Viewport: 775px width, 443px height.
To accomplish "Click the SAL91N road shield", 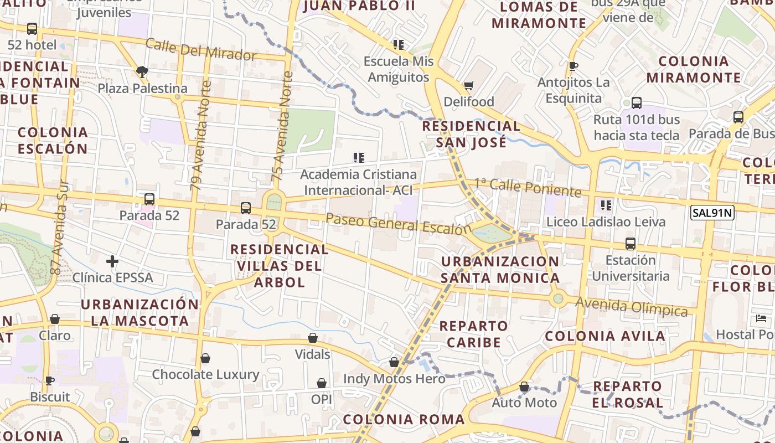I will pyautogui.click(x=712, y=212).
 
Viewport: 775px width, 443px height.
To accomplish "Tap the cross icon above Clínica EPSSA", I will pyautogui.click(x=112, y=261).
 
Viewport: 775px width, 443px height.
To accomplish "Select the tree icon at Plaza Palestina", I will pyautogui.click(x=142, y=71).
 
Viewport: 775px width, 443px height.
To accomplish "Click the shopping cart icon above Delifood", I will pyautogui.click(x=469, y=85).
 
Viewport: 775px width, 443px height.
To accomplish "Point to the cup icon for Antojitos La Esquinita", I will pyautogui.click(x=573, y=66).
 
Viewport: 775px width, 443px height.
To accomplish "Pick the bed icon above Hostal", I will pyautogui.click(x=761, y=318).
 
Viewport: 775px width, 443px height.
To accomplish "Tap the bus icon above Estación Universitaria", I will pyautogui.click(x=630, y=243).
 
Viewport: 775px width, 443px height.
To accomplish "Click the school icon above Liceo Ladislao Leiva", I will pyautogui.click(x=606, y=205).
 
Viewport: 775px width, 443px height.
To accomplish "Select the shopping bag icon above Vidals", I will pyautogui.click(x=313, y=338).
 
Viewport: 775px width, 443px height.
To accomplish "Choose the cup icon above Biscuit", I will pyautogui.click(x=50, y=380).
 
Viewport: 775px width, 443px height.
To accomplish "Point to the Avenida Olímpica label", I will pyautogui.click(x=631, y=306).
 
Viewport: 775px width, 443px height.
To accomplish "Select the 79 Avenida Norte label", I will pyautogui.click(x=201, y=136).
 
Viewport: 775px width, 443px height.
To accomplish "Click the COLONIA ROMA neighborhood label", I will pyautogui.click(x=404, y=419).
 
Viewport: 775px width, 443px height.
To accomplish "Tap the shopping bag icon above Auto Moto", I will pyautogui.click(x=524, y=387).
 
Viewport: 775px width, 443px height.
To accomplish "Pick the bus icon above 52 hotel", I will pyautogui.click(x=32, y=28).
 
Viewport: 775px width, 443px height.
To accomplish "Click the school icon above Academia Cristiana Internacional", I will pyautogui.click(x=359, y=158).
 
